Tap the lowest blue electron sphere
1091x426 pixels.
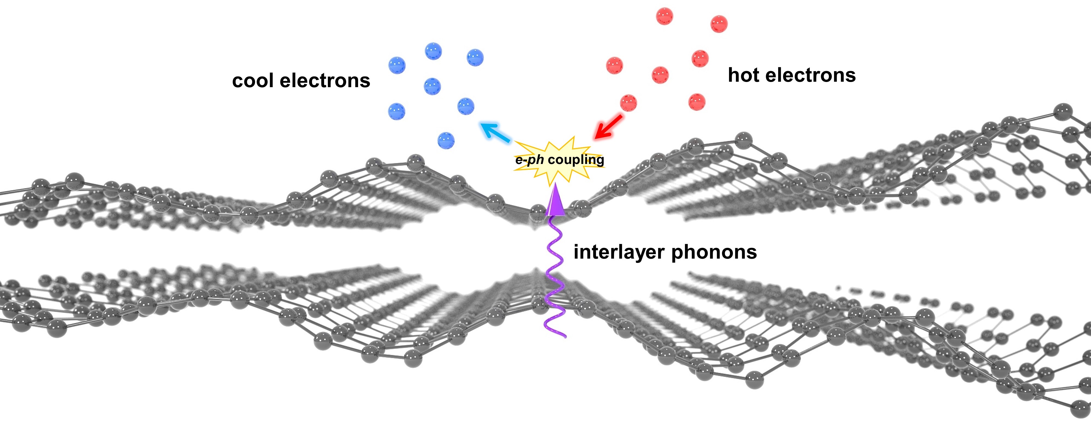446,140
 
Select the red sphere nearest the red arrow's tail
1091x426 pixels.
628,103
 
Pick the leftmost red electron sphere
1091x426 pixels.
615,66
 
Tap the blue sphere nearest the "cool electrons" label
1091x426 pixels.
397,66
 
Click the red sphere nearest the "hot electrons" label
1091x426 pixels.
700,58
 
